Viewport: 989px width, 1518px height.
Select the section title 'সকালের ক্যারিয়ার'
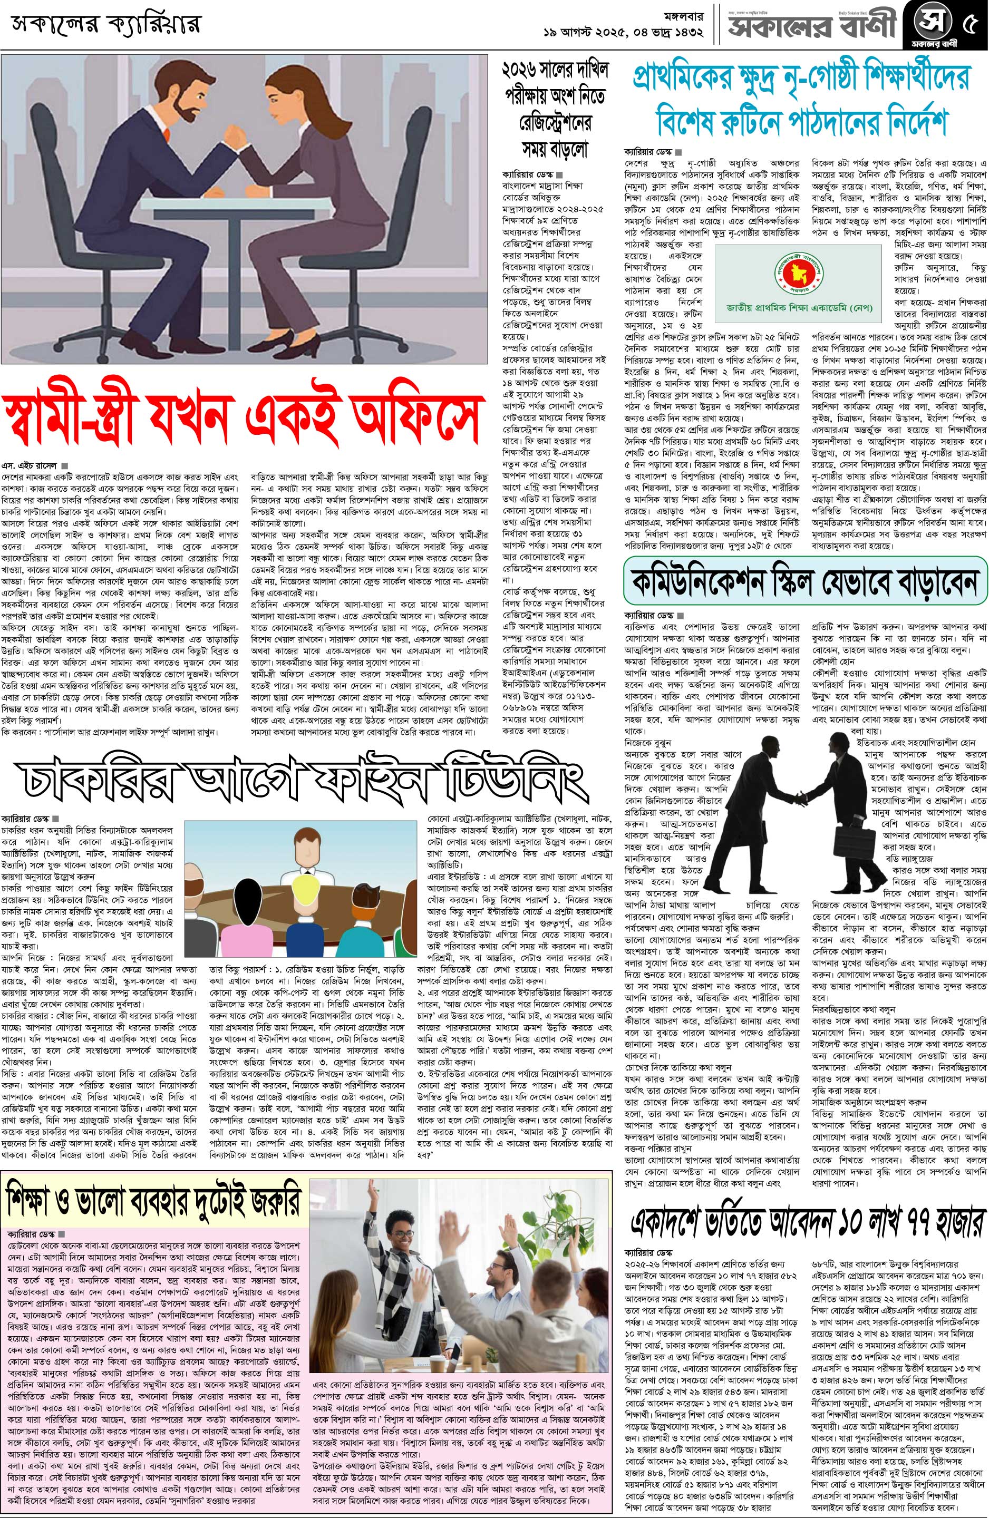[105, 25]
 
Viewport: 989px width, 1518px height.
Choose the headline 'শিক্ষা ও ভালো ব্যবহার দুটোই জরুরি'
[153, 1202]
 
